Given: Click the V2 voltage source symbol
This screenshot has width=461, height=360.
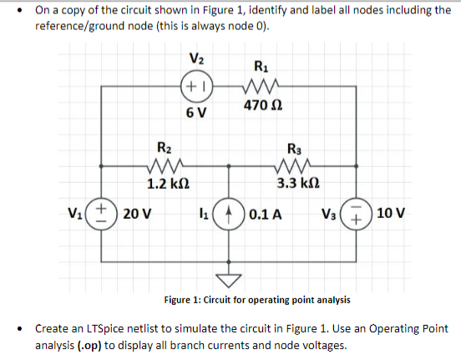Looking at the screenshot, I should tap(197, 85).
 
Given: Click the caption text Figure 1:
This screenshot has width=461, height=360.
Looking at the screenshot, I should tap(189, 299).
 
